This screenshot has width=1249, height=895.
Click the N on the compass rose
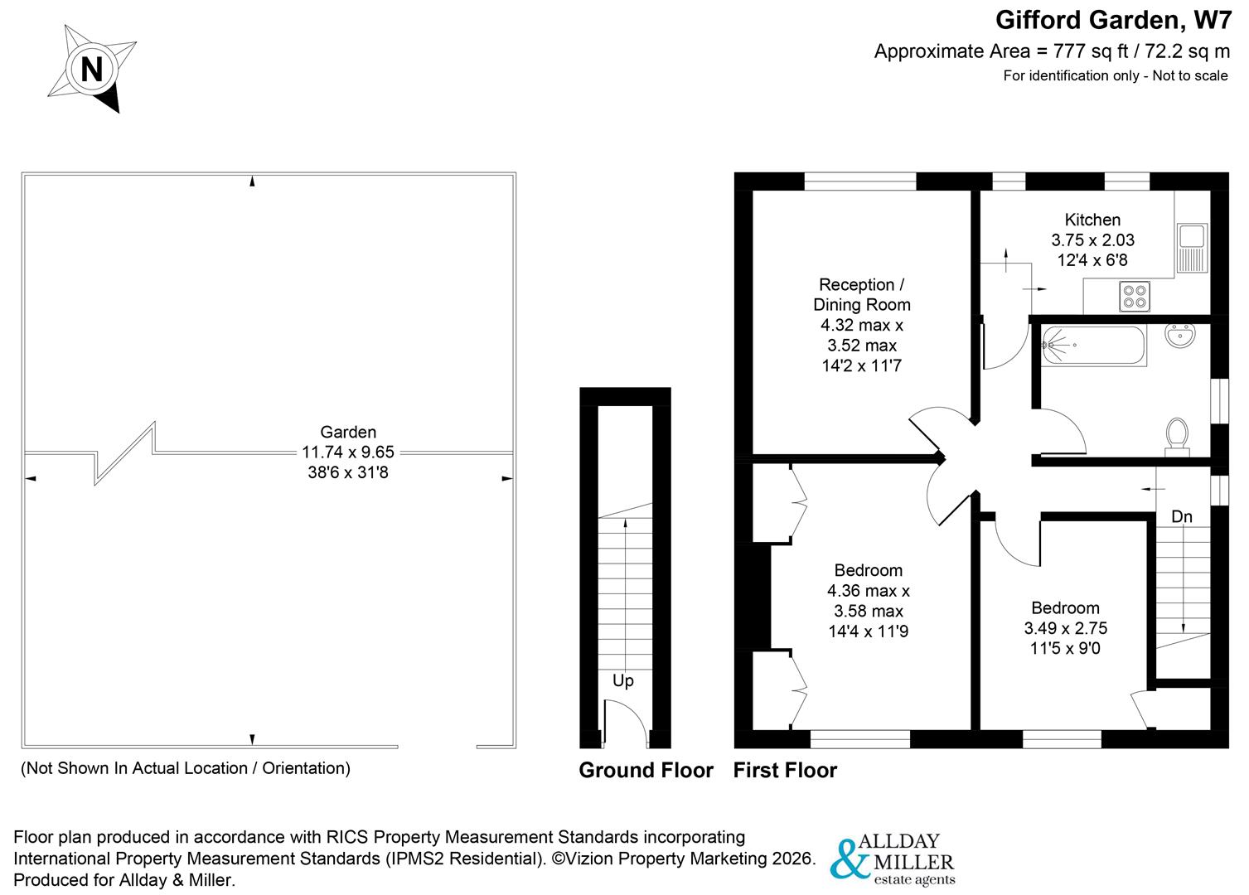coord(91,69)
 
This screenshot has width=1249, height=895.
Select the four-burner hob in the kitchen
coord(1134,297)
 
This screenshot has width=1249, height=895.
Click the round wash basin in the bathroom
coord(1179,336)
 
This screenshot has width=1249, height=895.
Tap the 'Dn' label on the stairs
coord(1182,517)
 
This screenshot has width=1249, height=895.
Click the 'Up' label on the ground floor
coord(623,680)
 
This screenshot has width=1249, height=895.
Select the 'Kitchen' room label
coord(1092,220)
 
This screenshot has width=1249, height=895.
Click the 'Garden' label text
coord(348,432)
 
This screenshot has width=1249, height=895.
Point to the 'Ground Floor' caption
coord(646,771)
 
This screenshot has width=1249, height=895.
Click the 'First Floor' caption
coord(785,771)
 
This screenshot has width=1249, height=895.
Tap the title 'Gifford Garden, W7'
coord(1113,19)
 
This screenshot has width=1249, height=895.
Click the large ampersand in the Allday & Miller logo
coord(849,859)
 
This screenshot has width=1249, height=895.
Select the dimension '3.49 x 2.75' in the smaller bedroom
coord(1065,628)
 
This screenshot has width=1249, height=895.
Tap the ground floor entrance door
coord(626,723)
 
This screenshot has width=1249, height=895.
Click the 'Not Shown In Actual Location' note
coord(185,768)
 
